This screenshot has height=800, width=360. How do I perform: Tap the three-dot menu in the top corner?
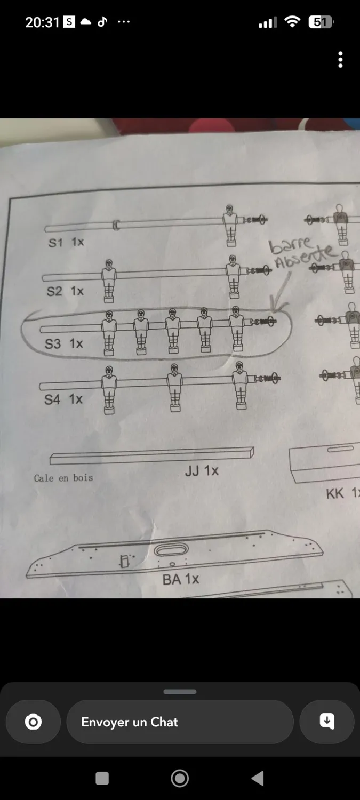[x=340, y=60]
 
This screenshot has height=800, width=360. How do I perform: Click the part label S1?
[x=55, y=243]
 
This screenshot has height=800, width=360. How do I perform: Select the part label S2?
[x=54, y=291]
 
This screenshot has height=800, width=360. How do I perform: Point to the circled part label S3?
[x=52, y=343]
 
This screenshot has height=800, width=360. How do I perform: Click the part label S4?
[x=52, y=399]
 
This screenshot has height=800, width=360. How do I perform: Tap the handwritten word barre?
[x=290, y=245]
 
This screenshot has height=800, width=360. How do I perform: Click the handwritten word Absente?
[x=306, y=257]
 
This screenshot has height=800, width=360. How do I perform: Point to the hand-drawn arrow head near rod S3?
[x=277, y=306]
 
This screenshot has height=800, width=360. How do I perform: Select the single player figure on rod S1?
[x=230, y=226]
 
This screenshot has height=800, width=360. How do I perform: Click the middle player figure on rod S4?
[x=174, y=388]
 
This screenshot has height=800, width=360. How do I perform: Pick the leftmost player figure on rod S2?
[x=109, y=281]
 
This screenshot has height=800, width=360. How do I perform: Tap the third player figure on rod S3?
[x=173, y=331]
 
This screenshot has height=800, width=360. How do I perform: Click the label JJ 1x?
[x=202, y=471]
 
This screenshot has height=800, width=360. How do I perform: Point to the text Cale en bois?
[x=63, y=478]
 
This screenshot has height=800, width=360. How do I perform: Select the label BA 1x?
[x=181, y=579]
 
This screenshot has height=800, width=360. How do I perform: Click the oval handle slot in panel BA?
[x=171, y=550]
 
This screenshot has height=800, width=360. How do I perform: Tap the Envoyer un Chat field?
[x=180, y=722]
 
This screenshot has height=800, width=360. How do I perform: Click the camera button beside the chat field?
[x=33, y=722]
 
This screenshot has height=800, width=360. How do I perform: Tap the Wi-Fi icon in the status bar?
[x=292, y=22]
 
